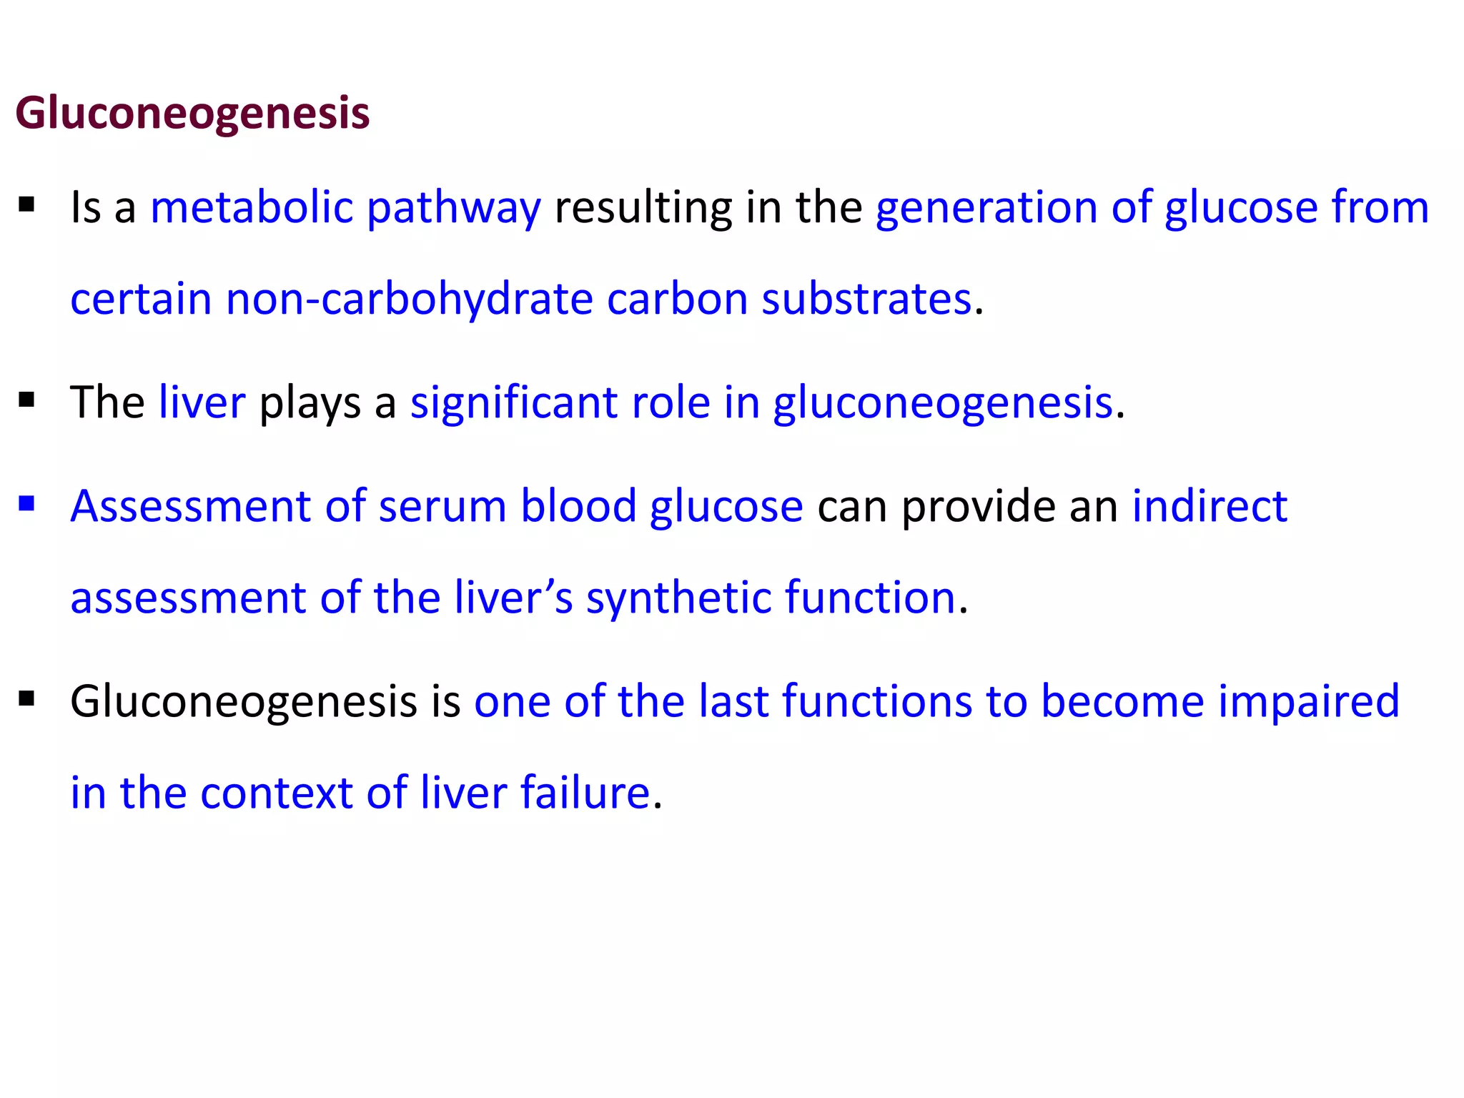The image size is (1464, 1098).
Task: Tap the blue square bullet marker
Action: pyautogui.click(x=27, y=505)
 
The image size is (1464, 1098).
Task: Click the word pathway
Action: pyautogui.click(x=454, y=209)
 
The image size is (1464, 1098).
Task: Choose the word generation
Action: pyautogui.click(x=986, y=209)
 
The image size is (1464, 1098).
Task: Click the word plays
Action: pyautogui.click(x=310, y=404)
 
